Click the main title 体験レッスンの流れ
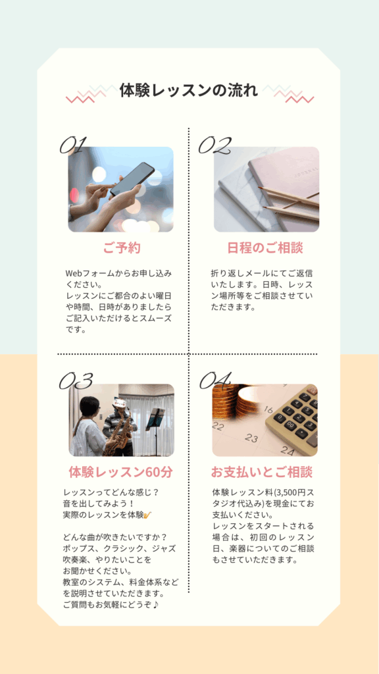pos(189,91)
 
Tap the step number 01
pos(73,145)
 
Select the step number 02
pos(215,145)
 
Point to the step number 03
pos(76,381)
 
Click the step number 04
pos(216,381)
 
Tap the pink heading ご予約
pos(122,248)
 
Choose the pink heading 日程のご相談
pos(265,248)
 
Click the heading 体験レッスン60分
pos(121,472)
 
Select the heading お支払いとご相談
pos(262,472)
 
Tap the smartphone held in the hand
pos(133,179)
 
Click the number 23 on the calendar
pos(251,438)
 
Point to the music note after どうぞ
pos(155,605)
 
